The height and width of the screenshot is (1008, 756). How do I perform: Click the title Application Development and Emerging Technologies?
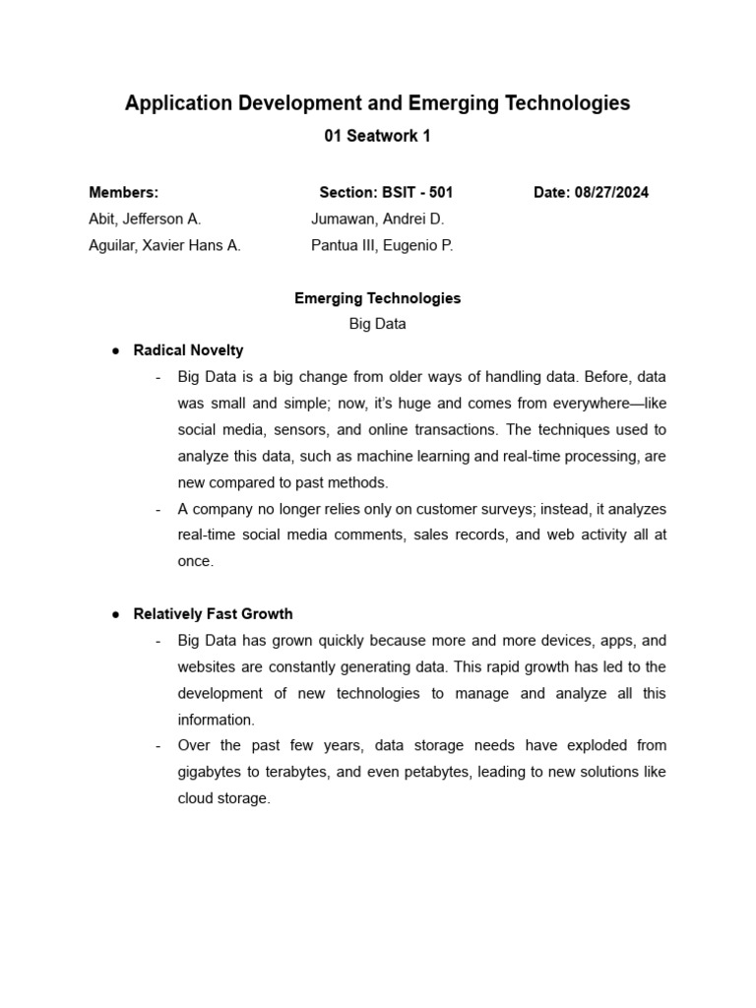[377, 103]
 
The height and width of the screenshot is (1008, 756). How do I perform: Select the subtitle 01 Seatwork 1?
[377, 137]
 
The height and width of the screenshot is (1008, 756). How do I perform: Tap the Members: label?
[123, 193]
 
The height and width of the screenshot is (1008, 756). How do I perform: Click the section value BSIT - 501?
[416, 193]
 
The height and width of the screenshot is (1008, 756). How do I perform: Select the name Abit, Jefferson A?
[145, 220]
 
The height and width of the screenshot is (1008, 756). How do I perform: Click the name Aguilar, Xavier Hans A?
[164, 246]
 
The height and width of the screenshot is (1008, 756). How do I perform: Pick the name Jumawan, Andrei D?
[378, 220]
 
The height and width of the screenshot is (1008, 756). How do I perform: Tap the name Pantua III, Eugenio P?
[382, 246]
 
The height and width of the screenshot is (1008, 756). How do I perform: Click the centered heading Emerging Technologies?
[377, 298]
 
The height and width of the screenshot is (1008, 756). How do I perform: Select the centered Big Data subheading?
[377, 324]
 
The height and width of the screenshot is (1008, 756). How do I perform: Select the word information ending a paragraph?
[216, 720]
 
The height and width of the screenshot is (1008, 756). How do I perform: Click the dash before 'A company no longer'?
[158, 509]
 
